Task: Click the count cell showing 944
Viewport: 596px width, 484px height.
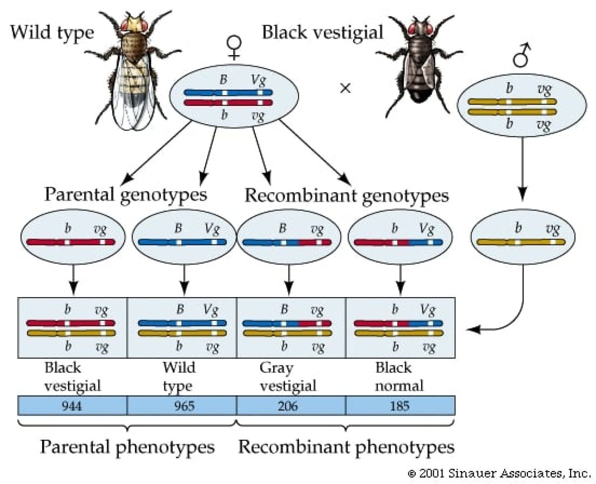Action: (72, 405)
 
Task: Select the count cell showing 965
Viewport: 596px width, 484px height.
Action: (182, 405)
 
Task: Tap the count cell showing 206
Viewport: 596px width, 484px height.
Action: (288, 405)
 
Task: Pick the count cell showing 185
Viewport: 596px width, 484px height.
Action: (399, 405)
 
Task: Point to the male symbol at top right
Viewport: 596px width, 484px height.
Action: (521, 56)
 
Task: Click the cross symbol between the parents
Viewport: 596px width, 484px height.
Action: (345, 88)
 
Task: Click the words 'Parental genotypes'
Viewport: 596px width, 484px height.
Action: (125, 194)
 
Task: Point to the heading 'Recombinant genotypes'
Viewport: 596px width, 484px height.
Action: (347, 195)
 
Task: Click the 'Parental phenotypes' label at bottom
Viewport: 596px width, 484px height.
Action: (127, 447)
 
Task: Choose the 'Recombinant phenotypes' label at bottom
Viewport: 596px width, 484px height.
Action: (346, 447)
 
